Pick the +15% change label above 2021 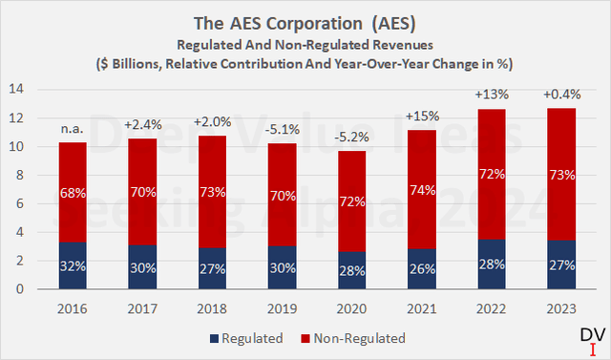click(x=422, y=116)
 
